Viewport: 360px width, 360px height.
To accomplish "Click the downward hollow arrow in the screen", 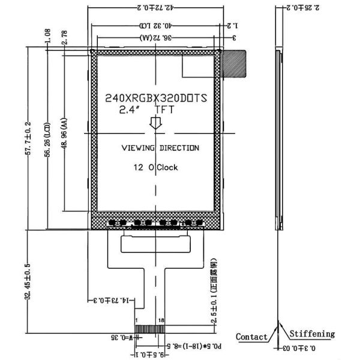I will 155,123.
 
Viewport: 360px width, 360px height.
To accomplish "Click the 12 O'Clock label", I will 155,167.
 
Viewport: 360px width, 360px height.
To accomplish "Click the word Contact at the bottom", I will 251,337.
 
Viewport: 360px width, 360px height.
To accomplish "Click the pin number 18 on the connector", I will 161,321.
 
